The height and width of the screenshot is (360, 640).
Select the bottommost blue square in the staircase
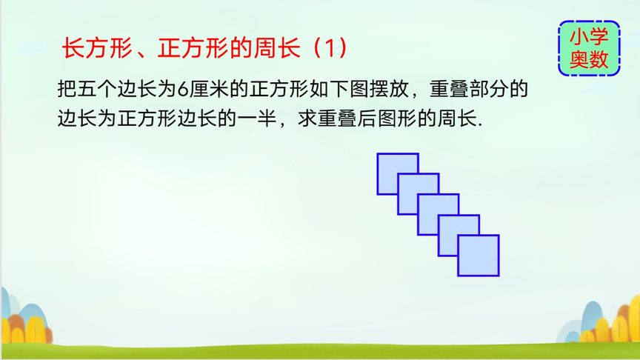click(479, 256)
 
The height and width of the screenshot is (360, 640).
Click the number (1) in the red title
click(330, 47)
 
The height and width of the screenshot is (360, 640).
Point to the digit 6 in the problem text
click(182, 90)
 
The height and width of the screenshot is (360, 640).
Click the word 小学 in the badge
click(589, 37)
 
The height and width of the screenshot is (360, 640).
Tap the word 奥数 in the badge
click(589, 59)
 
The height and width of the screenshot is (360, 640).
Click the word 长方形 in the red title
click(97, 47)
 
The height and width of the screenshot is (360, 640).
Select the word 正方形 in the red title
click(193, 47)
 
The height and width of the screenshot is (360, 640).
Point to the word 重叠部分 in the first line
click(469, 90)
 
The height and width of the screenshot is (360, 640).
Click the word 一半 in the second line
click(257, 119)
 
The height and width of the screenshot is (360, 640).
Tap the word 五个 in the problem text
click(98, 90)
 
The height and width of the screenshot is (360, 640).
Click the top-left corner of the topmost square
click(377, 153)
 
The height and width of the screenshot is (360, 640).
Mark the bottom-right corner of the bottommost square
click(499, 276)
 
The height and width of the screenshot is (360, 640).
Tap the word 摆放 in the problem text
click(390, 90)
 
